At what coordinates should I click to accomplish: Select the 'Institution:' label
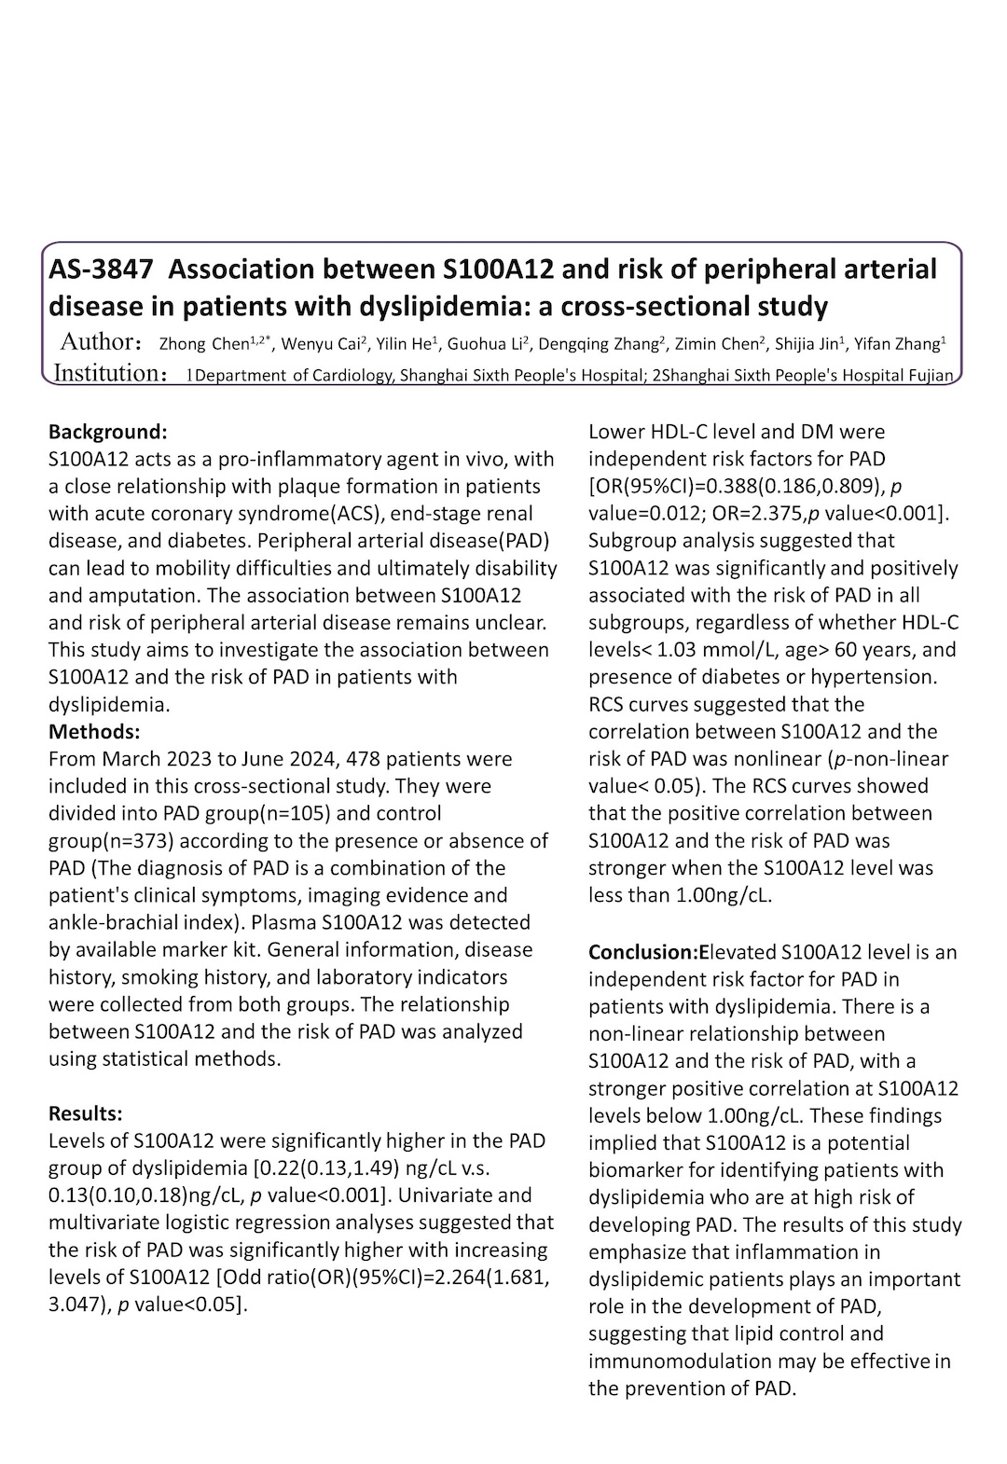click(110, 373)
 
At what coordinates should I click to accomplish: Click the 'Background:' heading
click(107, 432)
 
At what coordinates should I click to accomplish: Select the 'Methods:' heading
click(94, 731)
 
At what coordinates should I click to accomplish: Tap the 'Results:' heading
click(86, 1113)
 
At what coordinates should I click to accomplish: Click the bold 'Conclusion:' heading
click(643, 952)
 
